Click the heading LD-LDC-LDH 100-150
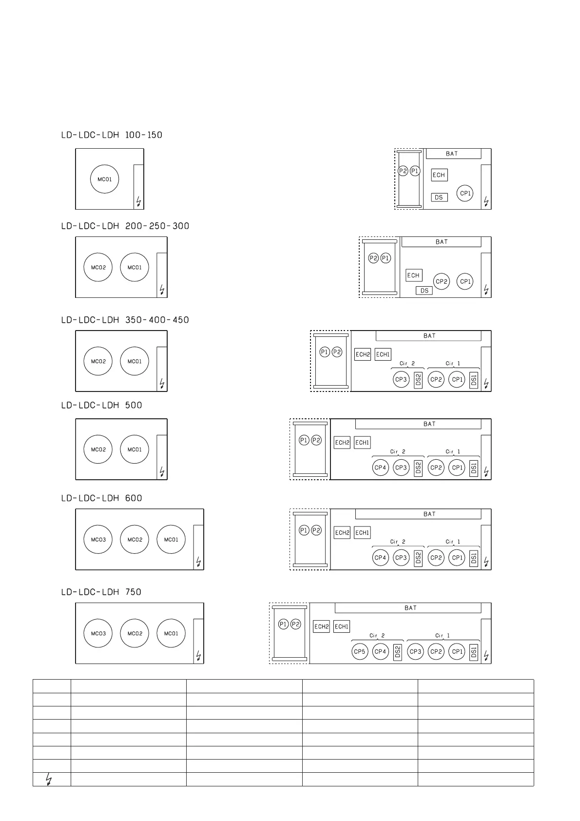(x=112, y=135)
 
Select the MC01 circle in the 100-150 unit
(x=105, y=179)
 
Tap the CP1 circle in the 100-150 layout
(x=465, y=193)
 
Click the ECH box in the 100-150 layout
(x=439, y=175)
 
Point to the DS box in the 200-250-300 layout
(x=425, y=291)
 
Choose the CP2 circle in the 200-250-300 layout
(x=442, y=281)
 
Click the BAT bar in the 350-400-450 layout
(x=429, y=336)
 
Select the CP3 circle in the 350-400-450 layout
(x=401, y=379)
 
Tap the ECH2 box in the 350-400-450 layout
(x=363, y=354)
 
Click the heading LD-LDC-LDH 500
(x=101, y=405)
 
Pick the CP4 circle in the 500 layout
(x=380, y=468)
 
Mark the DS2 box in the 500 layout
(x=418, y=468)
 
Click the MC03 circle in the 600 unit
(x=98, y=540)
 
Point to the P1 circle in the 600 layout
(x=304, y=530)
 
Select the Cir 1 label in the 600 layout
(x=453, y=542)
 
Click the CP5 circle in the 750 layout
(x=360, y=651)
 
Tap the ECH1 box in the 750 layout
(x=342, y=626)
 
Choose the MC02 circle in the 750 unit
(x=135, y=633)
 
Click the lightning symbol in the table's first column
(x=49, y=780)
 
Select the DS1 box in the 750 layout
(x=473, y=652)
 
